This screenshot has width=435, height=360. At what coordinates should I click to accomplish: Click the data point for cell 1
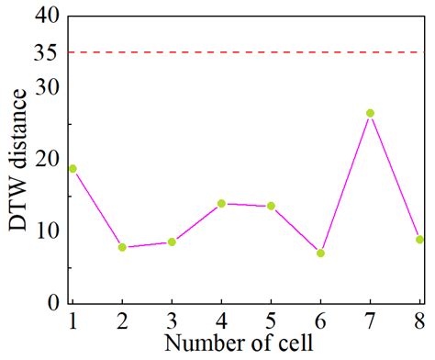coord(72,169)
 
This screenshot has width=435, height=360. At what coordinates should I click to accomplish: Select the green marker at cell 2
coord(122,247)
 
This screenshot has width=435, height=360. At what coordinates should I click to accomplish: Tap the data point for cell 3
coord(172,242)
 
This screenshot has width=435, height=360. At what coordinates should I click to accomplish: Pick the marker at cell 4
coord(221,203)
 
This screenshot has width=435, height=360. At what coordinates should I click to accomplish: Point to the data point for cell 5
coord(271,206)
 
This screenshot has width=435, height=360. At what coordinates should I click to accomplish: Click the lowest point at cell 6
coord(320,253)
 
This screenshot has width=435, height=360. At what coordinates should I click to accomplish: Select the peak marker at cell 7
coord(370,113)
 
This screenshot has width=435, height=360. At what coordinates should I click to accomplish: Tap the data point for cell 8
coord(419,240)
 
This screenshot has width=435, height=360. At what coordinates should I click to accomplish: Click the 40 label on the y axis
coord(46,17)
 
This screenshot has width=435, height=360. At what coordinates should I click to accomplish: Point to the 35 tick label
coord(46,52)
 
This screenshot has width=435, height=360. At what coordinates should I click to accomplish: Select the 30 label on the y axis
coord(46,88)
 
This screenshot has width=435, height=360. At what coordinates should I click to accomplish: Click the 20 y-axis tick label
coord(46,160)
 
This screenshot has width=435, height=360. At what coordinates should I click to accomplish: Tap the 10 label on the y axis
coord(46,231)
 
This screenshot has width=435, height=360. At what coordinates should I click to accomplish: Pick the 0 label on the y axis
coord(53,302)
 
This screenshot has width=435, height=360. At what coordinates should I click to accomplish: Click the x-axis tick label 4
coord(221,322)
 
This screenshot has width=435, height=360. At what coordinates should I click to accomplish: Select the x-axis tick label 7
coord(370,322)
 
